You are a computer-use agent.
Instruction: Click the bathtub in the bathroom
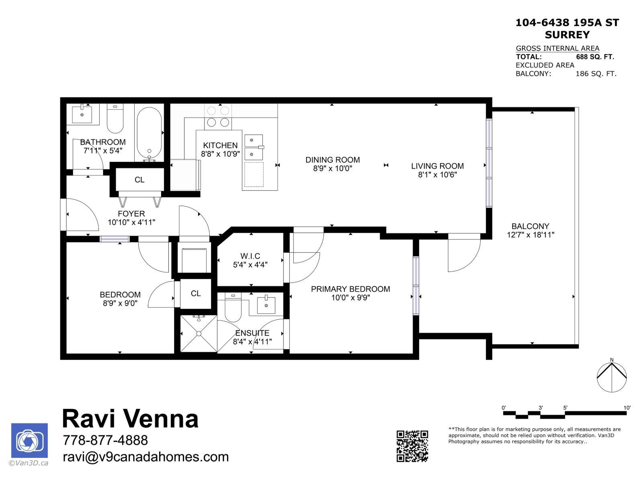[149, 133]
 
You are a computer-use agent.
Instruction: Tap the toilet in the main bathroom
[115, 119]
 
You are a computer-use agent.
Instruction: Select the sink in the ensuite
[266, 305]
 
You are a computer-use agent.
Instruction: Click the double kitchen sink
[254, 147]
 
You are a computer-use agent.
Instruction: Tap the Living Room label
[437, 166]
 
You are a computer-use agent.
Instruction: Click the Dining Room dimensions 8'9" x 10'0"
[332, 169]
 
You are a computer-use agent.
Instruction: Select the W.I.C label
[250, 256]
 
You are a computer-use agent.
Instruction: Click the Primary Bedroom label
[350, 289]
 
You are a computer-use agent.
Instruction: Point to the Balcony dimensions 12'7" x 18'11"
[530, 235]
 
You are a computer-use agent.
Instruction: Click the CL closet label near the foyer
[139, 180]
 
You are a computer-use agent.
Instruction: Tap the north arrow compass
[611, 377]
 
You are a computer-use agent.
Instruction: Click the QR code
[412, 446]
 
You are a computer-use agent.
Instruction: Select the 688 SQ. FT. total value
[595, 57]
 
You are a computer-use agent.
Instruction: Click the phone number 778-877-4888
[105, 440]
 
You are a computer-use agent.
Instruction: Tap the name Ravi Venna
[130, 419]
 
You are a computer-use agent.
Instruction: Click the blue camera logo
[29, 441]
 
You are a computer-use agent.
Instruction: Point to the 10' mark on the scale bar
[627, 408]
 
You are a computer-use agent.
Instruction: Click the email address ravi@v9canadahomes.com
[145, 457]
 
